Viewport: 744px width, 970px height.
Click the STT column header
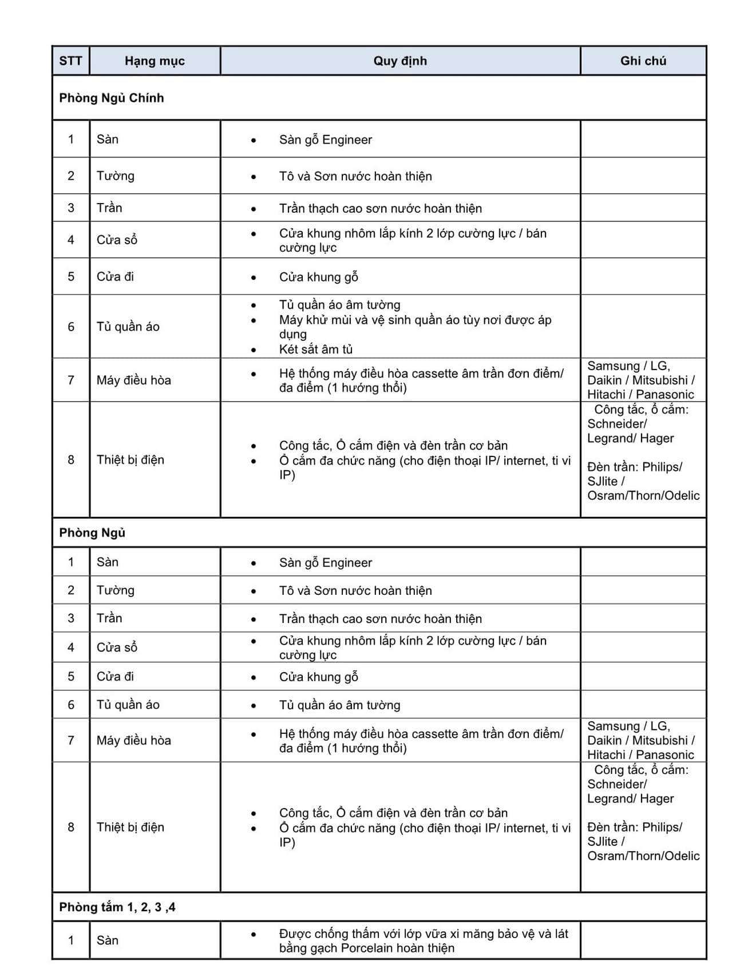70,61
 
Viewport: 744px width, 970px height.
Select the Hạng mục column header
155,61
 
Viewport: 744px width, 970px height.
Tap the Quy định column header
400,61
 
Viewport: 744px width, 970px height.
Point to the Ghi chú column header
643,61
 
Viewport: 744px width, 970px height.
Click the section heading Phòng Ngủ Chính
112,98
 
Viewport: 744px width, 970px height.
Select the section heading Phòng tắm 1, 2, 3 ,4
117,907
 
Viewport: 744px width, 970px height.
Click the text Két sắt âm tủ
316,349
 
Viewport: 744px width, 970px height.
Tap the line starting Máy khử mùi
415,320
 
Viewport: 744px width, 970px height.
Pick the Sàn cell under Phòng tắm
108,940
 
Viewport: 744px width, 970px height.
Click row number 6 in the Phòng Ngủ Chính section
71,327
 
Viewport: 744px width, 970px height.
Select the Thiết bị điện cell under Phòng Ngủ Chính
130,460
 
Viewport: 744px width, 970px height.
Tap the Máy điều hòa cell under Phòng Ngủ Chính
134,380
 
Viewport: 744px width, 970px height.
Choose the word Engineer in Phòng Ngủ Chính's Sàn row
347,140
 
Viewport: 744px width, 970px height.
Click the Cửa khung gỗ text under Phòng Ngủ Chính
319,277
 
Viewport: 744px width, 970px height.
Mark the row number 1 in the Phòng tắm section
71,940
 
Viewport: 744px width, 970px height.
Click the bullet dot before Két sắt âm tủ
254,349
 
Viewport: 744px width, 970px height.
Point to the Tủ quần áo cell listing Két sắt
128,327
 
